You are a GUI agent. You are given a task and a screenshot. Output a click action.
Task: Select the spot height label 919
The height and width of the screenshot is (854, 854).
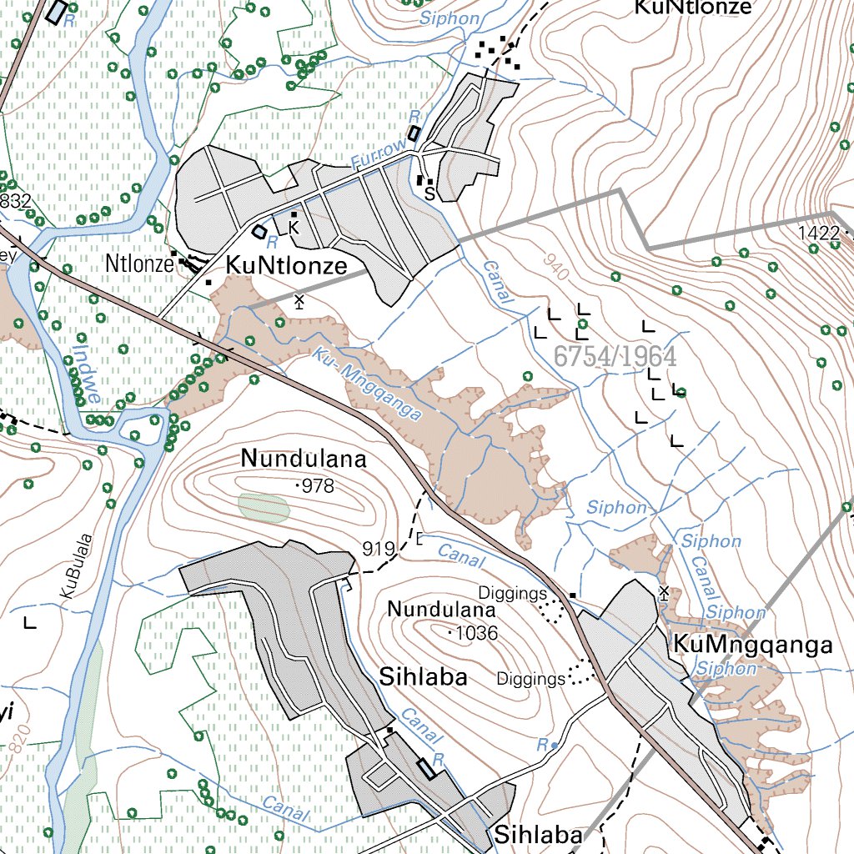378,549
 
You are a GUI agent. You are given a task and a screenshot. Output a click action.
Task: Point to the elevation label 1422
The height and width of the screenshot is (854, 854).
818,234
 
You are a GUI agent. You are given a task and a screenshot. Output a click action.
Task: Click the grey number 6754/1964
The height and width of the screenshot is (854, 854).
615,356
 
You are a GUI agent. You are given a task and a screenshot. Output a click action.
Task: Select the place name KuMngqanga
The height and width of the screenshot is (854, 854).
752,645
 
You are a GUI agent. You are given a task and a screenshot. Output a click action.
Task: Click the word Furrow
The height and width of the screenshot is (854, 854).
379,156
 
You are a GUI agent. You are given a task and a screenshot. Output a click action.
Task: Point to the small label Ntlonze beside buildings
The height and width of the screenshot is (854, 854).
138,264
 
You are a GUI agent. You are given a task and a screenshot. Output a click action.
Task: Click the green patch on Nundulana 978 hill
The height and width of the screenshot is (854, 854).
264,507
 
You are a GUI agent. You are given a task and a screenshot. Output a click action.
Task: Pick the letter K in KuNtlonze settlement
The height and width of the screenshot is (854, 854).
294,228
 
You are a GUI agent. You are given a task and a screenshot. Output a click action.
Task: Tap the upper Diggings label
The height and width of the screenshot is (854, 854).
512,592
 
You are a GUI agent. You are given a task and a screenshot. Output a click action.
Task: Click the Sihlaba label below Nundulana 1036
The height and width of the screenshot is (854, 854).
423,676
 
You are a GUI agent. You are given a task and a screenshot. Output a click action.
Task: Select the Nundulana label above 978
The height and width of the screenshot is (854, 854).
304,459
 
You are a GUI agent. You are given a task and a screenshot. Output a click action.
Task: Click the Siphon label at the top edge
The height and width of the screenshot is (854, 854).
450,18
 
